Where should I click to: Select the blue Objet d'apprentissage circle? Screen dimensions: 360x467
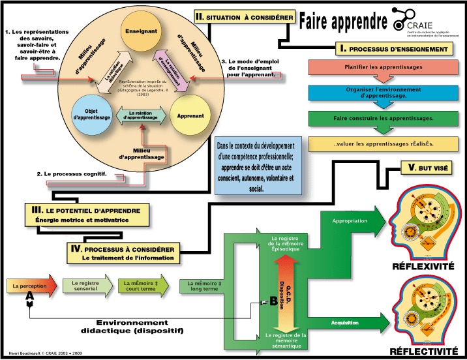(91, 115)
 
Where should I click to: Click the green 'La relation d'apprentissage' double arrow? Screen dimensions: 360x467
(138, 116)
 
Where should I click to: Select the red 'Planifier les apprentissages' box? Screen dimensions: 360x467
(380, 67)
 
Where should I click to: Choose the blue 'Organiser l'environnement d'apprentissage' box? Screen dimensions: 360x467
(380, 92)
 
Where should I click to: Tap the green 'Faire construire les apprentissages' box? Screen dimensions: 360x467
(380, 118)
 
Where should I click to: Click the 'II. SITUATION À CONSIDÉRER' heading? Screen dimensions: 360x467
(245, 16)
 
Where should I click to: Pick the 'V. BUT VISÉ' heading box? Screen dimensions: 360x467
(428, 168)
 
